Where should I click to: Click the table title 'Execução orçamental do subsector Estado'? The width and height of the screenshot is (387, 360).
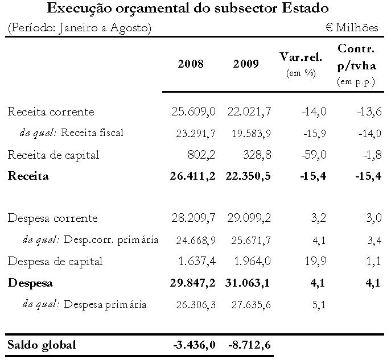tap(188, 9)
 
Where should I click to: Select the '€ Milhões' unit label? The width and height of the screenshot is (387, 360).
tap(352, 28)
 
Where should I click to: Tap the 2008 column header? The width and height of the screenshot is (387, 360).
tap(190, 64)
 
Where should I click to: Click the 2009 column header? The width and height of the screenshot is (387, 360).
tap(245, 64)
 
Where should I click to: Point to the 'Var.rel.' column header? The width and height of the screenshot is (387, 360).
tap(301, 57)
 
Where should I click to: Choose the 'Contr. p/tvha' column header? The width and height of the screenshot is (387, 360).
tap(356, 57)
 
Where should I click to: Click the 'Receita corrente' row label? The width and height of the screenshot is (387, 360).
tap(51, 111)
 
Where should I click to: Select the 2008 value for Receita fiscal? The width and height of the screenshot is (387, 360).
tap(193, 133)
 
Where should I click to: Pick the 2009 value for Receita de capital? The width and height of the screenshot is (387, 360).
tap(255, 154)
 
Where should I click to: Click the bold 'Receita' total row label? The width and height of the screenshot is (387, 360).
tap(28, 176)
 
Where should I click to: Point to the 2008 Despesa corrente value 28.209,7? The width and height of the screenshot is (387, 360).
tap(193, 218)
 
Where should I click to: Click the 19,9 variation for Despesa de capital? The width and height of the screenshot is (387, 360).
tap(316, 262)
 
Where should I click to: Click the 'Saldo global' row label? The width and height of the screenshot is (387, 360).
tap(41, 345)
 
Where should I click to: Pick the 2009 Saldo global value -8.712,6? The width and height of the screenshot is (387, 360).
tap(249, 345)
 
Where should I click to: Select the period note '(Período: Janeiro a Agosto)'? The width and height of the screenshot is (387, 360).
tap(80, 28)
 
